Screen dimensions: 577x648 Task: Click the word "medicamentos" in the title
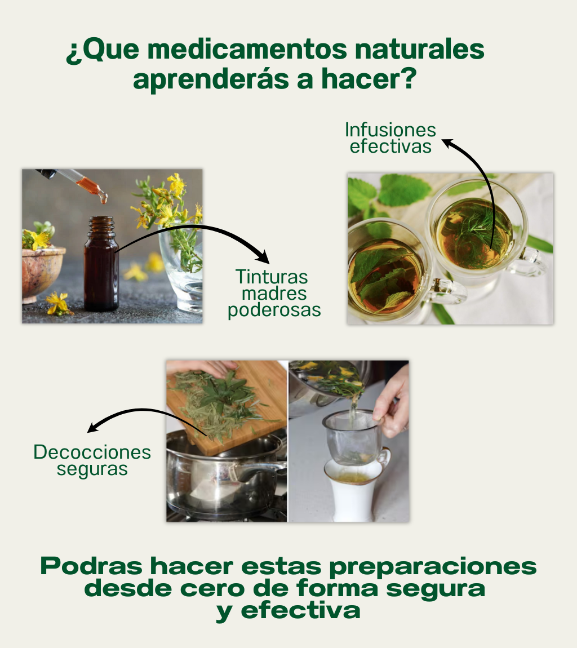pyautogui.click(x=247, y=49)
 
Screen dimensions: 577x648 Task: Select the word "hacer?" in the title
pyautogui.click(x=369, y=79)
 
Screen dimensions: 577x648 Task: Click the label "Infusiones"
pyautogui.click(x=390, y=130)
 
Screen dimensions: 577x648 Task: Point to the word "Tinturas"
pyautogui.click(x=272, y=277)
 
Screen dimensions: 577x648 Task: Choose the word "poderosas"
pyautogui.click(x=274, y=310)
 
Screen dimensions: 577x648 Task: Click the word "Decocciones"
pyautogui.click(x=92, y=452)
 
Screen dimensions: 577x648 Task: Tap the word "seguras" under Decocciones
pyautogui.click(x=92, y=469)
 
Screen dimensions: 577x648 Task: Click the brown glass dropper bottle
pyautogui.click(x=101, y=264)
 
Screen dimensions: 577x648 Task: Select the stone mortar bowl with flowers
pyautogui.click(x=42, y=273)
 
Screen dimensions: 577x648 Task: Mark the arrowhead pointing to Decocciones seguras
pyautogui.click(x=92, y=427)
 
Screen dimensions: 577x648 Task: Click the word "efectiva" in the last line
pyautogui.click(x=300, y=610)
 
